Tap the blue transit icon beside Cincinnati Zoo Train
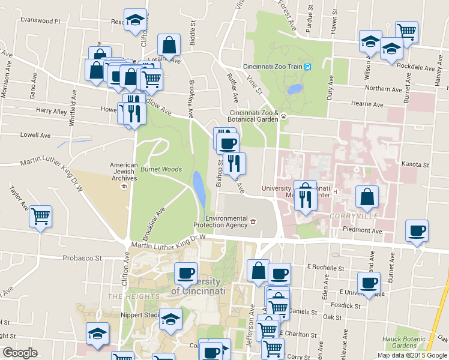click(x=307, y=67)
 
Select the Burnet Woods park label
click(x=161, y=169)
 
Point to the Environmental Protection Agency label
click(x=220, y=221)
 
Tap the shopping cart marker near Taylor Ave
click(x=40, y=216)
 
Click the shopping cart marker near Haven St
click(x=407, y=31)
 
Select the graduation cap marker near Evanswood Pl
click(x=135, y=19)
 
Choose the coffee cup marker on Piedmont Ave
click(x=417, y=231)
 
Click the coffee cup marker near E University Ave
click(x=369, y=283)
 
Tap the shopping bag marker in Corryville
click(x=367, y=197)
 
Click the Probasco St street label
click(x=82, y=259)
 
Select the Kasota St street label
click(x=418, y=164)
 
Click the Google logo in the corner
click(x=20, y=353)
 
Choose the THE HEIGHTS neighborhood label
click(x=133, y=296)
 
